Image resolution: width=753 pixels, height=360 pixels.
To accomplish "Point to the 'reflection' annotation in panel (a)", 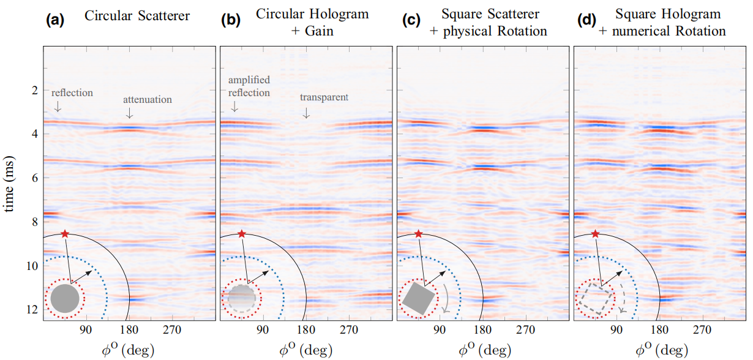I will [72, 93].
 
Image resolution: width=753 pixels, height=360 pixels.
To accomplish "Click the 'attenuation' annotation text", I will [148, 99].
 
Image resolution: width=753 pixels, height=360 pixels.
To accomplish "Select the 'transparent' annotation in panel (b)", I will [324, 97].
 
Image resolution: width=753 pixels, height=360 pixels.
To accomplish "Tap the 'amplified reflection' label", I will [249, 86].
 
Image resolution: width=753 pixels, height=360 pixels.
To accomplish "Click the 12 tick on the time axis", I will [32, 310].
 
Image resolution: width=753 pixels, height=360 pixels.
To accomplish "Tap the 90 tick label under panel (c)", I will [439, 330].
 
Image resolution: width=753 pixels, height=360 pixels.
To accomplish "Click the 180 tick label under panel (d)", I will [659, 330].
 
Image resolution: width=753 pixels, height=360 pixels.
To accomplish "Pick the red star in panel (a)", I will [65, 234].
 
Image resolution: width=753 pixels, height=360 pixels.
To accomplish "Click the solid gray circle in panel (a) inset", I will [65, 299].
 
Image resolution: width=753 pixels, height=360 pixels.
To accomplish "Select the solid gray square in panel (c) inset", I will [418, 299].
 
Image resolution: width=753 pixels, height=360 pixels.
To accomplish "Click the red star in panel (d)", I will [595, 234].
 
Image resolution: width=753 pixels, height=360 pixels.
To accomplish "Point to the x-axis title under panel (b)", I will [304, 350].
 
